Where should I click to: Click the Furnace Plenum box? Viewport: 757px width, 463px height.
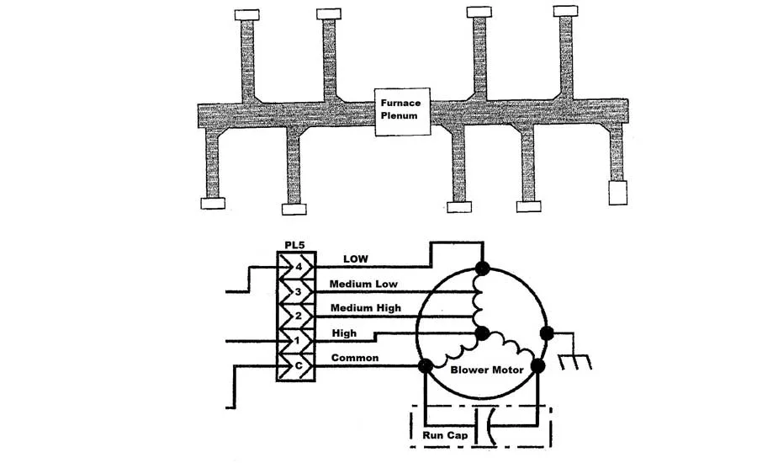pyautogui.click(x=403, y=112)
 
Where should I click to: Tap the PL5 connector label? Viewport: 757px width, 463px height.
pyautogui.click(x=294, y=245)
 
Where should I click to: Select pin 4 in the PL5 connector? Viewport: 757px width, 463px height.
pyautogui.click(x=299, y=266)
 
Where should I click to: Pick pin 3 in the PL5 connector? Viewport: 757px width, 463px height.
pyautogui.click(x=298, y=292)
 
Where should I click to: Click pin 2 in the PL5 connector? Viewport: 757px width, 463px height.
pyautogui.click(x=298, y=316)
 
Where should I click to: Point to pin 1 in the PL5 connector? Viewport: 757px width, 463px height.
pyautogui.click(x=297, y=341)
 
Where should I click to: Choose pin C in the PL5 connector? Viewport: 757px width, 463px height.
pyautogui.click(x=299, y=365)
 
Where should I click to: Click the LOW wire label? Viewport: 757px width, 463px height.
pyautogui.click(x=356, y=259)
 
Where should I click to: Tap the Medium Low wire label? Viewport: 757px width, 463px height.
pyautogui.click(x=363, y=284)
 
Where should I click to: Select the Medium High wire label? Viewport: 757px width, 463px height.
pyautogui.click(x=366, y=308)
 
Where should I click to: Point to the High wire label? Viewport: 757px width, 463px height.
pyautogui.click(x=344, y=333)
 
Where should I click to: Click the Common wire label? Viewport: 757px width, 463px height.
pyautogui.click(x=355, y=358)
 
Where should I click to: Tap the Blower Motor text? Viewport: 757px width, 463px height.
pyautogui.click(x=487, y=370)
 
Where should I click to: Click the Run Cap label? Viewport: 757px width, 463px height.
pyautogui.click(x=445, y=435)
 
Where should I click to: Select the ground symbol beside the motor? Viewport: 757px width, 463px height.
pyautogui.click(x=575, y=362)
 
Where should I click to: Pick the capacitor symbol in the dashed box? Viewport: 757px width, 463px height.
pyautogui.click(x=486, y=426)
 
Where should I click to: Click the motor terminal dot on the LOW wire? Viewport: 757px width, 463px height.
pyautogui.click(x=482, y=269)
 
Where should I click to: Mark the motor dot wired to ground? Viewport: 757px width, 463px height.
pyautogui.click(x=547, y=333)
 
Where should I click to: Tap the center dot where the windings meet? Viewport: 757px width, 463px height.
pyautogui.click(x=482, y=333)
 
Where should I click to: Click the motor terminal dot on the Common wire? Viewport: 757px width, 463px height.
pyautogui.click(x=426, y=366)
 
